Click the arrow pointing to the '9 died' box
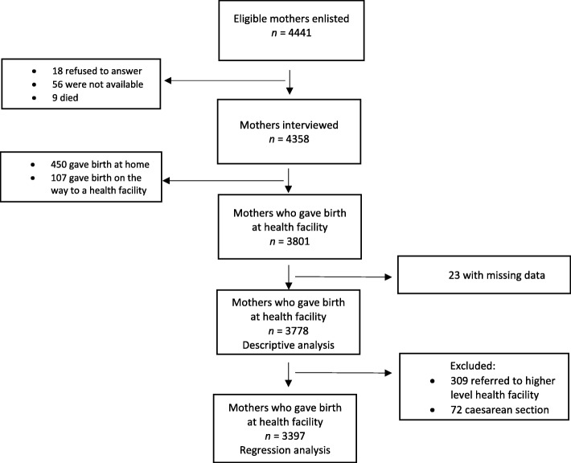pyautogui.click(x=225, y=79)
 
